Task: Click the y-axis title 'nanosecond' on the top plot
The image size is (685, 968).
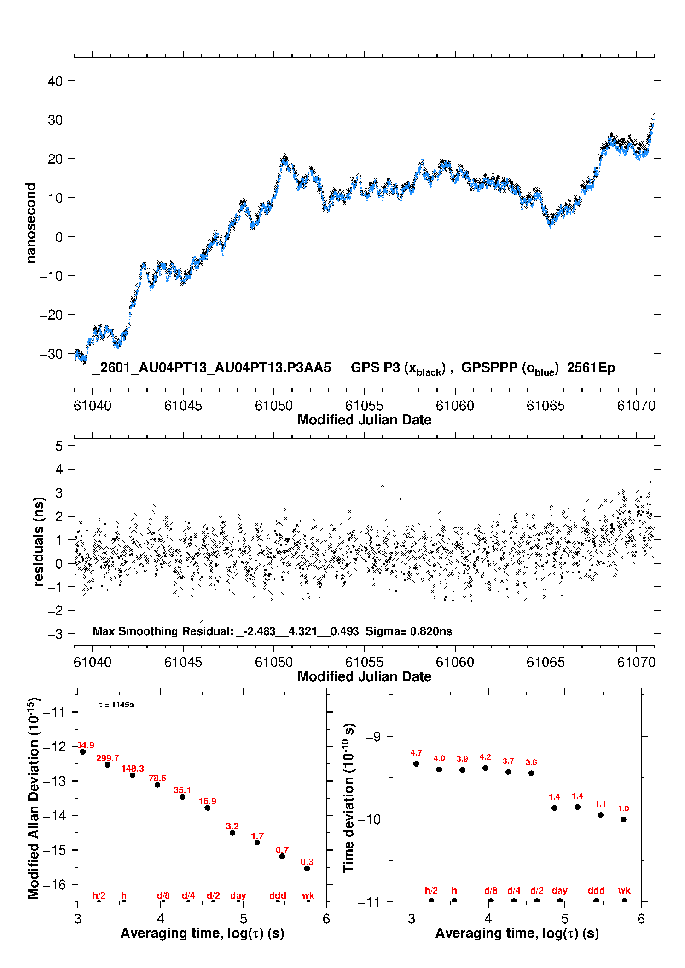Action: tap(31, 223)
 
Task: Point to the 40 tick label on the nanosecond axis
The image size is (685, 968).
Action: tap(55, 81)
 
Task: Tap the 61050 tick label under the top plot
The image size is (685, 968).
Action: tap(274, 406)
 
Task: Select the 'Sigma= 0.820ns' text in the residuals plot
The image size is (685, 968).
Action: tap(409, 631)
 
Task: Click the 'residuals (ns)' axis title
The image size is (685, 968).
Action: tap(39, 541)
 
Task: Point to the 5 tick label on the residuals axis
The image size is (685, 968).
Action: tap(58, 446)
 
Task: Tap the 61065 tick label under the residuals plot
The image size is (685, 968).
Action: tap(546, 662)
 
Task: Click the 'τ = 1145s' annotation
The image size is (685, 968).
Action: tap(116, 705)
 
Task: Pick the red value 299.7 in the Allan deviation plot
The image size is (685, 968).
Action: tap(108, 758)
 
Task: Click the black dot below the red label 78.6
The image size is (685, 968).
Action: tap(157, 785)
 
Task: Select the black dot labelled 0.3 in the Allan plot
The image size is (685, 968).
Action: tap(307, 869)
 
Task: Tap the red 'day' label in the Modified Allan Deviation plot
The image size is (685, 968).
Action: tap(238, 895)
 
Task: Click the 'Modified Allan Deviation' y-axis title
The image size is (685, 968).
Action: tap(34, 798)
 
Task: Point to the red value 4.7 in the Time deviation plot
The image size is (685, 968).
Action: tap(416, 753)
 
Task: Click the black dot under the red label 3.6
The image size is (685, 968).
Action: tap(531, 773)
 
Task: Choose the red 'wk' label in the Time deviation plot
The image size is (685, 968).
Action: tap(624, 890)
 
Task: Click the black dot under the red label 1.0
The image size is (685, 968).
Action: tap(623, 819)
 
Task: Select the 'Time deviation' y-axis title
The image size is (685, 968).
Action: tap(348, 798)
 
